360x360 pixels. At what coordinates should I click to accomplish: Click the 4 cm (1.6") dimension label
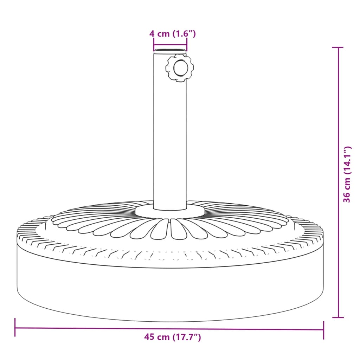(x=172, y=34)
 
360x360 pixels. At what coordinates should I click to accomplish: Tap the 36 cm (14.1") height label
(x=347, y=174)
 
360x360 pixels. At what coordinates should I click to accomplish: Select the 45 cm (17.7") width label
(x=172, y=337)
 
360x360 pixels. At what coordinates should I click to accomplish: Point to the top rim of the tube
(x=170, y=52)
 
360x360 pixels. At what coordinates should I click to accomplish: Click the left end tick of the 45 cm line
(x=15, y=328)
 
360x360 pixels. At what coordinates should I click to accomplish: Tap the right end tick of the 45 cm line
(x=323, y=329)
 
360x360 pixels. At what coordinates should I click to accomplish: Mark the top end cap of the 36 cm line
(x=338, y=47)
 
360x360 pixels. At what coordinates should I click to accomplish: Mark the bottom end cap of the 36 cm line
(x=338, y=317)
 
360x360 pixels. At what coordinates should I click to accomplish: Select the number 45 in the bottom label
(x=149, y=337)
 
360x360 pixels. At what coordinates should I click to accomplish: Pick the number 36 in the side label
(x=347, y=197)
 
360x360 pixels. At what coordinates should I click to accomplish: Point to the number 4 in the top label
(x=152, y=34)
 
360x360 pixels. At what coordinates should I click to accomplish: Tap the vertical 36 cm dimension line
(x=338, y=246)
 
